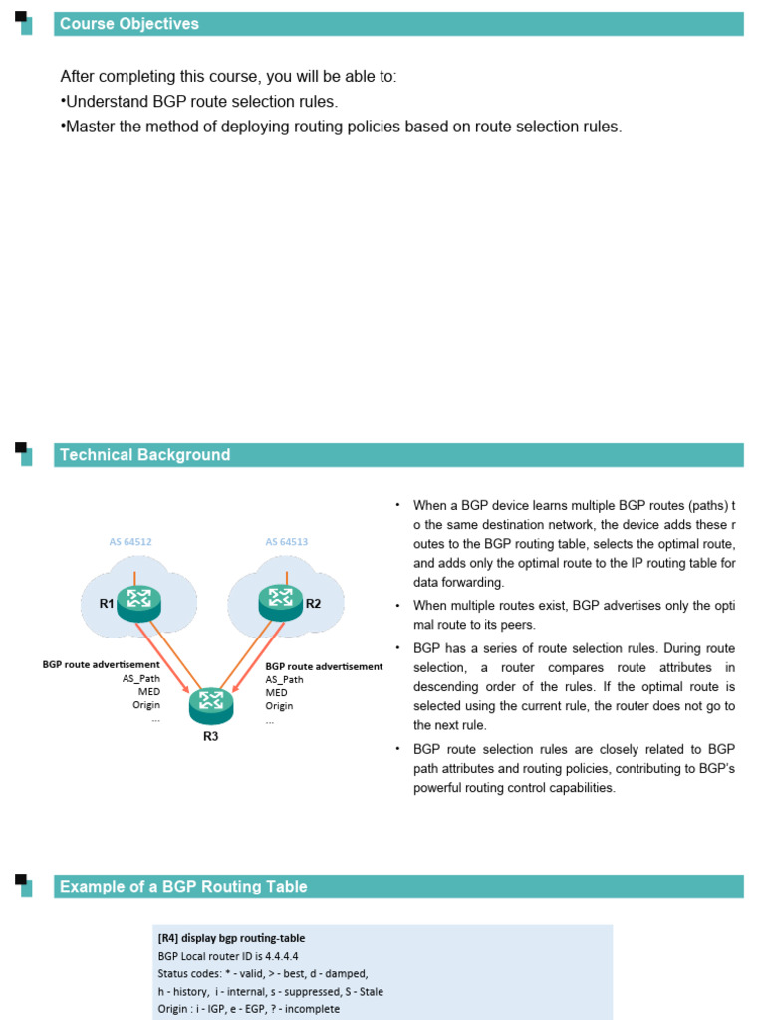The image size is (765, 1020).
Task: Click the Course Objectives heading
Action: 129,24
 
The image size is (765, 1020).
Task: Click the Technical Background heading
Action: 144,455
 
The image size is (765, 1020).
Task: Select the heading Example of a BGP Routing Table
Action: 183,887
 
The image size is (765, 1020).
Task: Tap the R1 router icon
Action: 139,602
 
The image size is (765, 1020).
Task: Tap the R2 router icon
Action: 281,601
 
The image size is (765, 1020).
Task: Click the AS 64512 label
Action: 130,542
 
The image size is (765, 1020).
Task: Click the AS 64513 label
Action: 286,542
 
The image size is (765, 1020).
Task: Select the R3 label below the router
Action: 210,737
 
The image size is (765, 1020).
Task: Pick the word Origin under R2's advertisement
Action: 279,705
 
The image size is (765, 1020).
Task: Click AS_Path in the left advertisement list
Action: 141,679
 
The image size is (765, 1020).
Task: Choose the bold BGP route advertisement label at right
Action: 324,666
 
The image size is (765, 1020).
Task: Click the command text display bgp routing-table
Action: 244,938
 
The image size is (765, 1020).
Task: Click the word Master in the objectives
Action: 91,127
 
